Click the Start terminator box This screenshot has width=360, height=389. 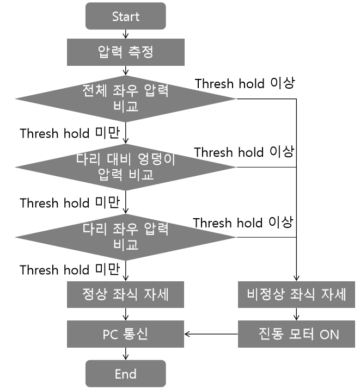[126, 16]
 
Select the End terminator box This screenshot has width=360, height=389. [126, 373]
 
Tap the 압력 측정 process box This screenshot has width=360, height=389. [126, 52]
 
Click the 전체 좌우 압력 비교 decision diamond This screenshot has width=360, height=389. [126, 98]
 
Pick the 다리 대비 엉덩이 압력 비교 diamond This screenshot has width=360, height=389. [126, 167]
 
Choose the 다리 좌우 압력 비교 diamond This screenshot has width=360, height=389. [126, 237]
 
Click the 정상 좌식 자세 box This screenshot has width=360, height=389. [126, 294]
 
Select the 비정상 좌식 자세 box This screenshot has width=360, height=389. [296, 294]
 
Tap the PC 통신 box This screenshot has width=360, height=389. [126, 334]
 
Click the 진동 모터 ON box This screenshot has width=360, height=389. [296, 334]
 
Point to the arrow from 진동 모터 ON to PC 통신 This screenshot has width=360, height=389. [211, 334]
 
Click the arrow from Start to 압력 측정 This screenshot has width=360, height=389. [126, 34]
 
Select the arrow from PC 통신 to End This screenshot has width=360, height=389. [126, 354]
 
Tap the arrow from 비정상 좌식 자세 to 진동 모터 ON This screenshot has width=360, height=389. [296, 314]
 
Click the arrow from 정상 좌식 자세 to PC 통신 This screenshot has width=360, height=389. [126, 314]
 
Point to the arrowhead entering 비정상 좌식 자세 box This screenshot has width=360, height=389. [296, 279]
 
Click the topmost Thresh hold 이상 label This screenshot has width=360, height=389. [245, 83]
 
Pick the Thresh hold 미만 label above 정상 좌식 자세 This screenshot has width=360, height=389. [70, 269]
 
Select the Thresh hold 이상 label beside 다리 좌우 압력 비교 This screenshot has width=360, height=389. [243, 223]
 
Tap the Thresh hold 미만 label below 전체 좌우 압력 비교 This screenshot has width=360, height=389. [70, 133]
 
